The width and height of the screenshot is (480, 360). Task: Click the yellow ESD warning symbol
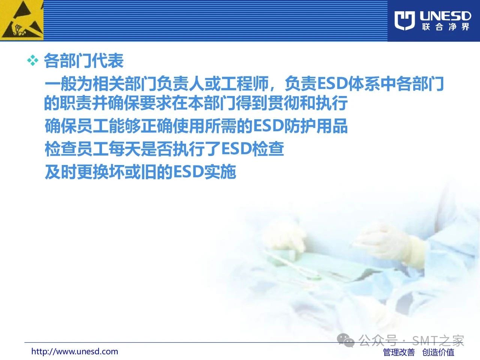tap(22, 20)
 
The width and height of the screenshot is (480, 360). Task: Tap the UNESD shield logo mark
tap(405, 21)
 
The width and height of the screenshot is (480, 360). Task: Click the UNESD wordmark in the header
tap(445, 16)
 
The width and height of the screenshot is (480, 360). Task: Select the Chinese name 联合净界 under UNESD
tap(445, 27)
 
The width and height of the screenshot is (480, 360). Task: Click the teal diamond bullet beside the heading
tap(33, 60)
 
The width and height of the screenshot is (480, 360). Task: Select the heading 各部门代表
tap(84, 60)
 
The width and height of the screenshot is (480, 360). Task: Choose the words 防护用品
tap(315, 126)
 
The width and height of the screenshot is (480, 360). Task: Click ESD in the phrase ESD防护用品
tap(268, 126)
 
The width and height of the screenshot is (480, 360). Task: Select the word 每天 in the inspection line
tap(124, 149)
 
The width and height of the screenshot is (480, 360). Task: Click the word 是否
tap(156, 149)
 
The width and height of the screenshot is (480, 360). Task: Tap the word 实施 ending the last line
tap(220, 172)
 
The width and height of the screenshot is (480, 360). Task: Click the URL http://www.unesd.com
tap(75, 351)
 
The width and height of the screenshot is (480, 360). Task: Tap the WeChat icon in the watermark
tap(345, 340)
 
